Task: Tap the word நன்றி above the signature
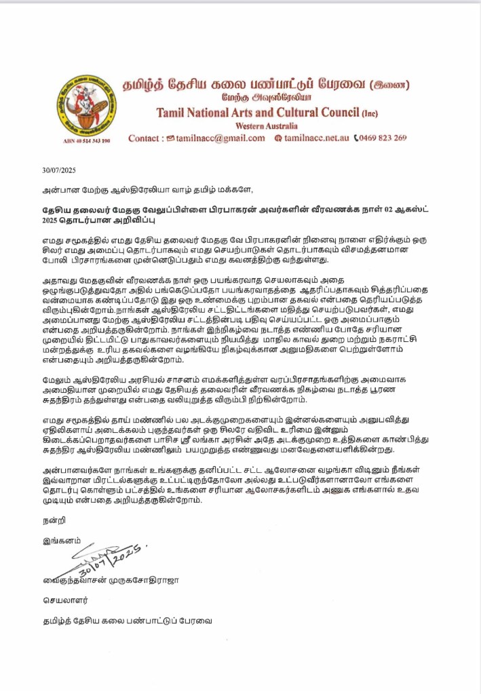coord(45,522)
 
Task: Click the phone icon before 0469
coord(356,138)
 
